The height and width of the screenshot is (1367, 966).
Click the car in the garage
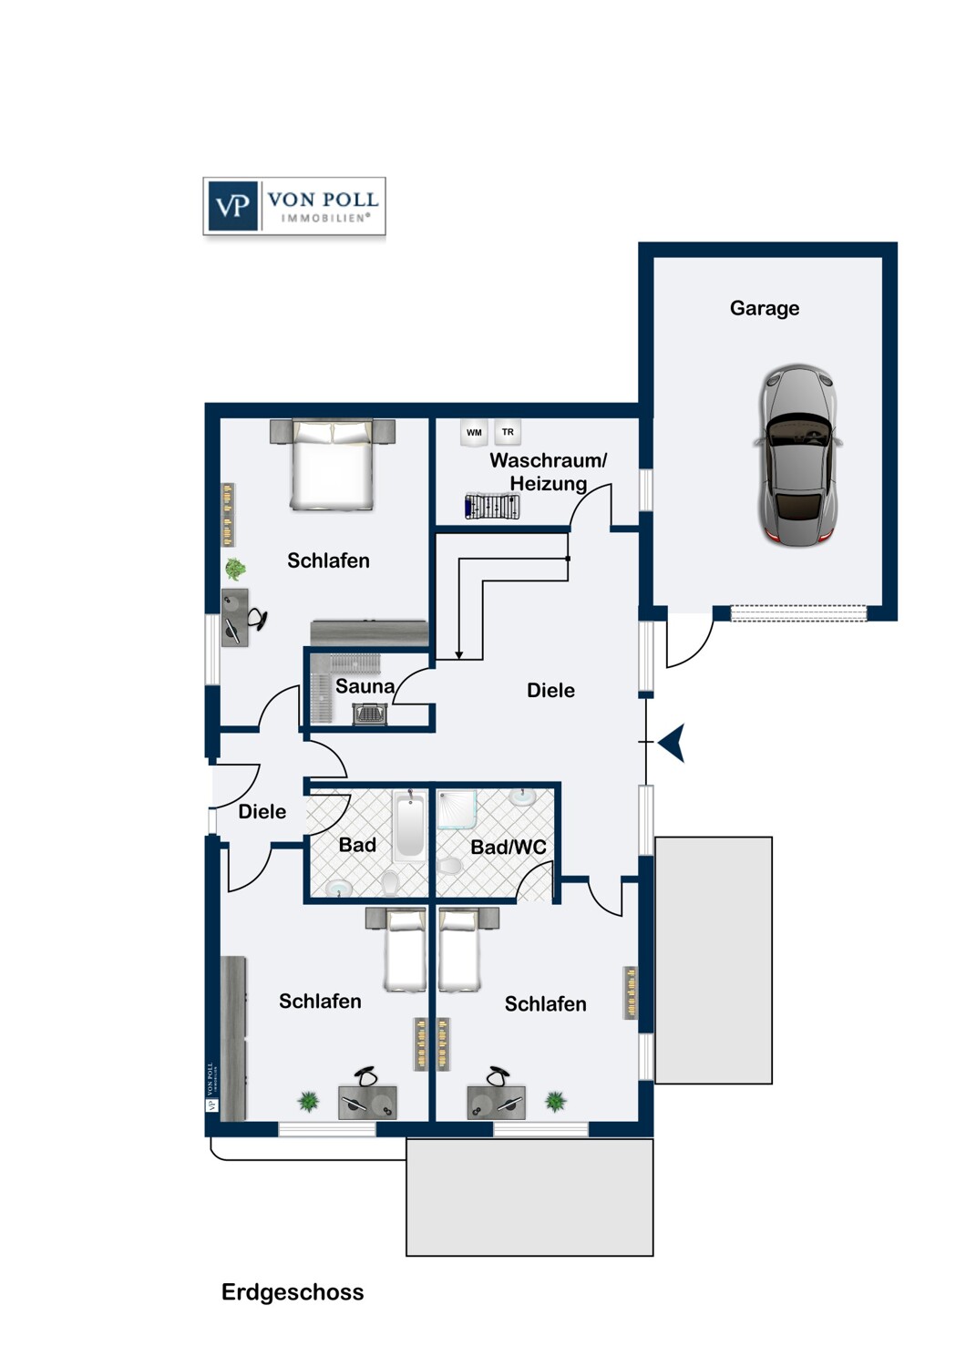click(x=796, y=454)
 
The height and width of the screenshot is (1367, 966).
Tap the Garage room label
click(x=764, y=309)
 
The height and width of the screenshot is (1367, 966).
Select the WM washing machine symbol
click(x=474, y=433)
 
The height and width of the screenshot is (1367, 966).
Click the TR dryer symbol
click(x=508, y=432)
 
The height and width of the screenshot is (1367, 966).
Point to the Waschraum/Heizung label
click(x=548, y=472)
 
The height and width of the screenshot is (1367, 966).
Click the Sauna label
click(x=365, y=686)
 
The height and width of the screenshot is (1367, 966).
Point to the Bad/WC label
click(x=508, y=847)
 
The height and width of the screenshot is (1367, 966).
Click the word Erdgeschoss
click(x=293, y=1292)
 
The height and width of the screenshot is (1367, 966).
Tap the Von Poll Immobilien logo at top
click(x=294, y=206)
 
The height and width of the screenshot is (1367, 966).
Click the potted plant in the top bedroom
click(x=235, y=570)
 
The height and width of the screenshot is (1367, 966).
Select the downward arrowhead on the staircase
click(x=459, y=655)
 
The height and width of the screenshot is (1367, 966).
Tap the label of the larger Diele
click(x=550, y=691)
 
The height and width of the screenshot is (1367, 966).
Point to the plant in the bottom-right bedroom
click(x=555, y=1102)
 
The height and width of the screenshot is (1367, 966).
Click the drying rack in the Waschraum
click(x=492, y=506)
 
